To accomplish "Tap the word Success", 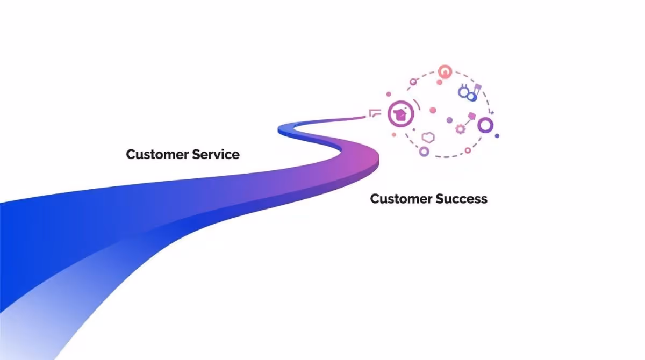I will [461, 199].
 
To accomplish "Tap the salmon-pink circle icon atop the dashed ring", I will [445, 71].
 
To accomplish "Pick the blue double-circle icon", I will [467, 93].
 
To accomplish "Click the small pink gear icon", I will [460, 128].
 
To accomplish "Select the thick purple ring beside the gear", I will [485, 126].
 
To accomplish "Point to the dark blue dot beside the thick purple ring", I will [497, 136].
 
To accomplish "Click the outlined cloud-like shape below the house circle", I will [428, 137].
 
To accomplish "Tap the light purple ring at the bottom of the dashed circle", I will [424, 152].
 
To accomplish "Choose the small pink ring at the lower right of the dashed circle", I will [468, 150].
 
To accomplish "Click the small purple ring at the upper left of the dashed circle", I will [413, 82].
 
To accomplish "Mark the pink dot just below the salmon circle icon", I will [439, 82].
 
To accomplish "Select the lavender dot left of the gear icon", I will [449, 120].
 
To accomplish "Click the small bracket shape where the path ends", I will [375, 113].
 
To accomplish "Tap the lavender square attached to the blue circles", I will [477, 88].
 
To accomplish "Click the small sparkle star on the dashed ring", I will [491, 113].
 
